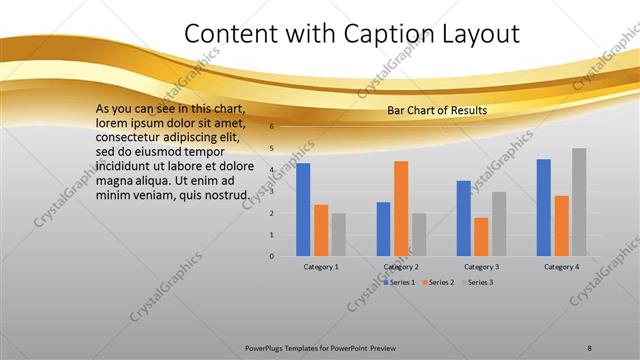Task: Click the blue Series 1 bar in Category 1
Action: (x=303, y=209)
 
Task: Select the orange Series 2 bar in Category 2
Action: (x=401, y=208)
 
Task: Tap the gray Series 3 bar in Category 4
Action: (x=579, y=202)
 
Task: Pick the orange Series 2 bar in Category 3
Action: (x=481, y=236)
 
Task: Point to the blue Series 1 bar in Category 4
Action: (x=544, y=207)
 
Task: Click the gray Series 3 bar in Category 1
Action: (x=339, y=234)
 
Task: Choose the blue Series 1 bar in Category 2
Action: (x=383, y=229)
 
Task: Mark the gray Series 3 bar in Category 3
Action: (x=499, y=224)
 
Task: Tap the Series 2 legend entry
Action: (x=440, y=282)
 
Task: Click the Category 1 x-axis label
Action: (x=321, y=267)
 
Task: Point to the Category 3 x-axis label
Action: (x=481, y=267)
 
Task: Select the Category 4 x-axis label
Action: (x=561, y=267)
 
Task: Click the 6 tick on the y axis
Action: (x=271, y=127)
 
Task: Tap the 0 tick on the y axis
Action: (x=271, y=256)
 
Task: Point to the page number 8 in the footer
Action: (x=589, y=347)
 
